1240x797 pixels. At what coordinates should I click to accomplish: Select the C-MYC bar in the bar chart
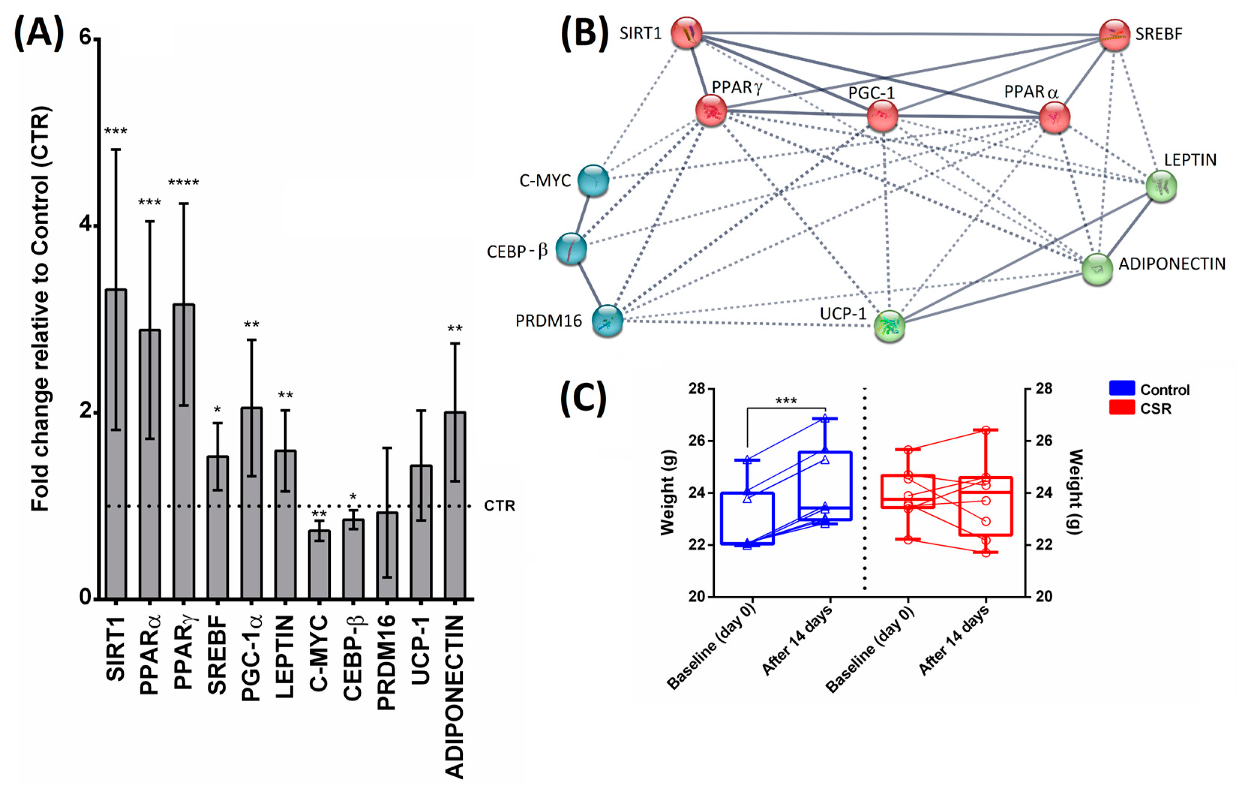coord(319,564)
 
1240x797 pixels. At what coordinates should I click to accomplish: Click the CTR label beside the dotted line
coord(499,505)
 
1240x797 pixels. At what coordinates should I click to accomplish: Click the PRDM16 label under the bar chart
coord(387,662)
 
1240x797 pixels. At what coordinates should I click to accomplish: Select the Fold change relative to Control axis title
coord(40,309)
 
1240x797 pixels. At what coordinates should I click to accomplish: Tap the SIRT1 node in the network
coord(686,33)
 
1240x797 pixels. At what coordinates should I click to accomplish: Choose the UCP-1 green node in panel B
coord(889,326)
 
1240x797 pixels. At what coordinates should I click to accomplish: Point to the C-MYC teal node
coord(593,180)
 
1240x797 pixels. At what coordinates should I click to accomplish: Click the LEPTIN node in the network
coord(1161,187)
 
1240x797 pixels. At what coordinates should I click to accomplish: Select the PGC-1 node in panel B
coord(882,116)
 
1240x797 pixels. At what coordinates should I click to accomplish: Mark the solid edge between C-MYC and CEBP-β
coord(583,214)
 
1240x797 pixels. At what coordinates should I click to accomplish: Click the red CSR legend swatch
coord(1122,408)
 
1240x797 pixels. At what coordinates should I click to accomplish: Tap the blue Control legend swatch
coord(1122,389)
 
